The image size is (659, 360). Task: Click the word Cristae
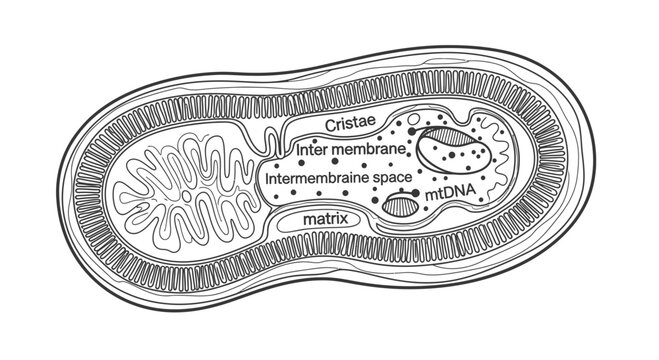tap(349, 126)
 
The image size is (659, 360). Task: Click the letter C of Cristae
tap(332, 126)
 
